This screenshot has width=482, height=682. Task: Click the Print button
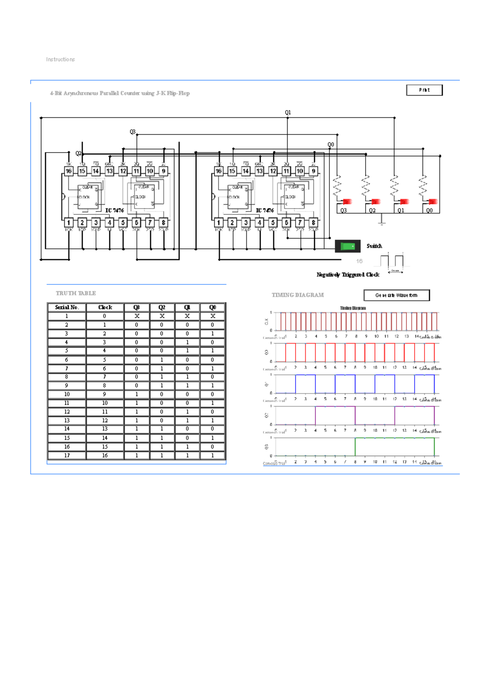424,90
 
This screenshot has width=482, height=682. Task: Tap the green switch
347,246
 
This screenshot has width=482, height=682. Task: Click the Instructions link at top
60,59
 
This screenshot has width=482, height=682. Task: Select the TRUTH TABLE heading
76,293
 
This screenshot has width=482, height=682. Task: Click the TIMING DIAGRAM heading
298,295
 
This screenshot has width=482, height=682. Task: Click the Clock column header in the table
105,307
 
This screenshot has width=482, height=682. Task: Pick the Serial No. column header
67,307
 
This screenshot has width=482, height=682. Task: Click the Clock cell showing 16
105,455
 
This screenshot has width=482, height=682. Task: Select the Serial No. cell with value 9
67,386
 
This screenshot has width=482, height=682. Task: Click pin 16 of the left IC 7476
69,171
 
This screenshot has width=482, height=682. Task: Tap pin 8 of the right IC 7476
314,223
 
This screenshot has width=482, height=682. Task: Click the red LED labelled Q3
347,202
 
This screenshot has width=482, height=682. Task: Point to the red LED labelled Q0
432,202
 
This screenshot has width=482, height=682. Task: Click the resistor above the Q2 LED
366,185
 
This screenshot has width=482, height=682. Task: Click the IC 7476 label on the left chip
114,210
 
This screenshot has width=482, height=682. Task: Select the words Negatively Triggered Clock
348,275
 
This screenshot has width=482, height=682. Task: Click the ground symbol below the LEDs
382,221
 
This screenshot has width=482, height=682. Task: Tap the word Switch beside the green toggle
374,246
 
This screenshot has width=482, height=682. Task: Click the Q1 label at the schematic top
288,112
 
